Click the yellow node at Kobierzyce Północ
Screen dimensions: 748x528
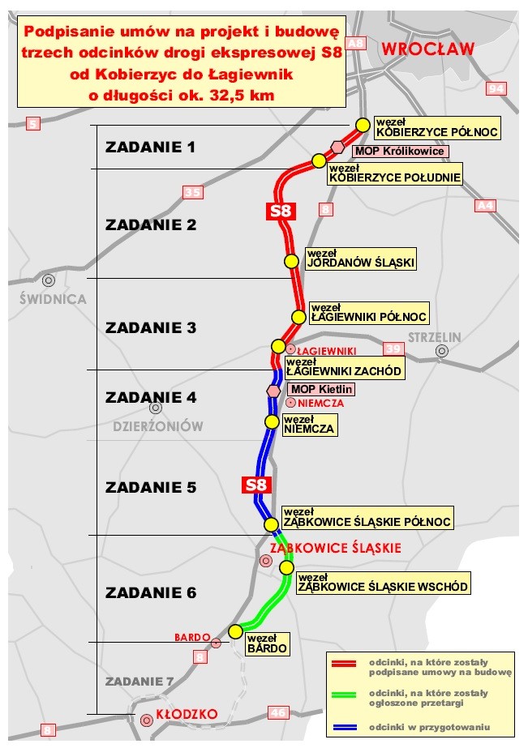(x=363, y=125)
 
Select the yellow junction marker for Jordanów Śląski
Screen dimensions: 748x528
(x=290, y=261)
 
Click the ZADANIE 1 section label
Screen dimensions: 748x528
(x=151, y=147)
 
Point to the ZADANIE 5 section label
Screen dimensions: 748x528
(x=151, y=487)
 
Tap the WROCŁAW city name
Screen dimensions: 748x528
(x=427, y=49)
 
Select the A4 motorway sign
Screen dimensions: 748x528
(x=485, y=206)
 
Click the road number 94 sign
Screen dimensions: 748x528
(x=496, y=88)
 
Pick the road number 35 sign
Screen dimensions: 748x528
(x=192, y=192)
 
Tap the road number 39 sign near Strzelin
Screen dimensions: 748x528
(x=393, y=348)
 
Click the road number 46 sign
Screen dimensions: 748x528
(x=278, y=712)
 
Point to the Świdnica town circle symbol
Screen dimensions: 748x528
(x=49, y=280)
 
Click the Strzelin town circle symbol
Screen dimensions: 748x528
(x=441, y=351)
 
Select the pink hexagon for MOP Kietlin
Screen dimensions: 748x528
(x=273, y=391)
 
